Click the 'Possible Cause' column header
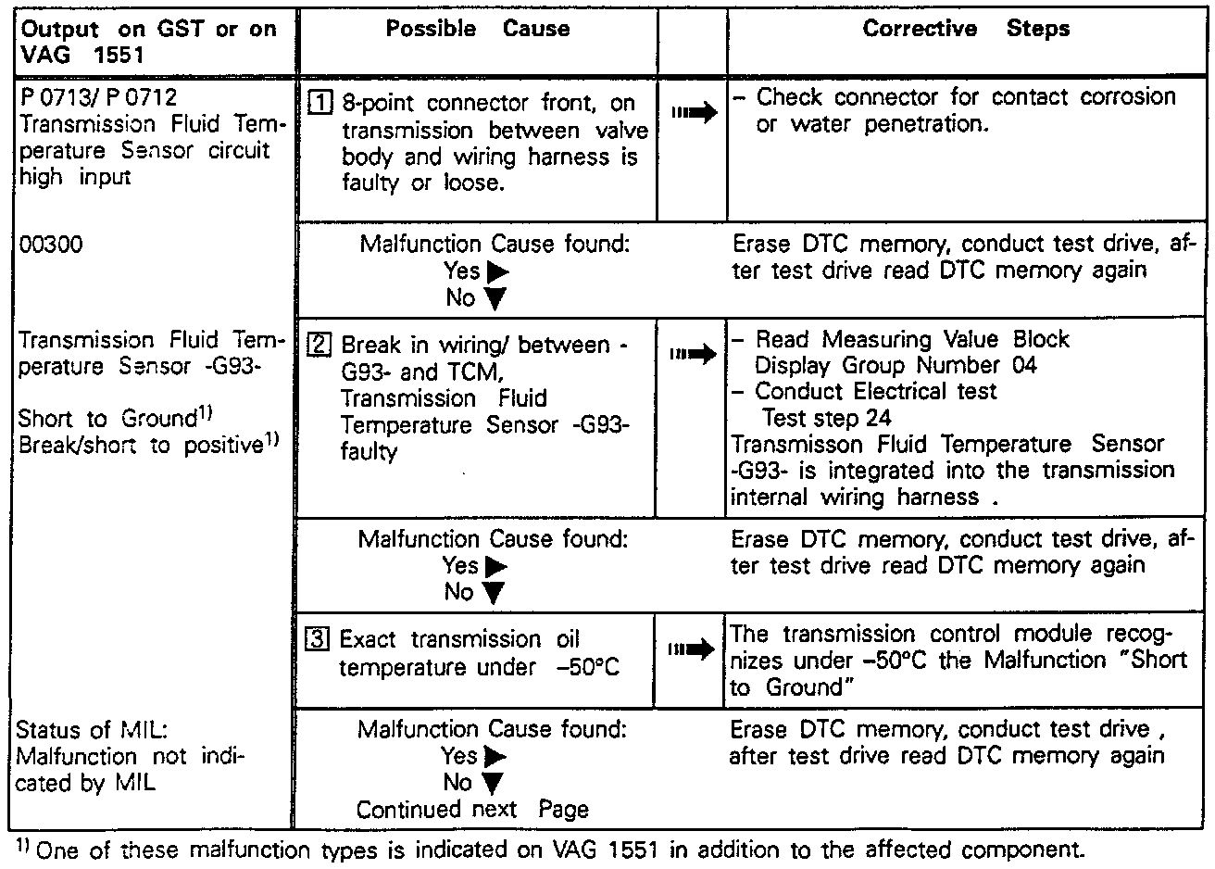(x=477, y=29)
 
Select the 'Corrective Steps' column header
(x=965, y=29)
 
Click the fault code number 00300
(x=51, y=245)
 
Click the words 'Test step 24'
(x=826, y=418)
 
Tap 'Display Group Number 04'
(x=896, y=365)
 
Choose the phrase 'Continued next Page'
(x=472, y=809)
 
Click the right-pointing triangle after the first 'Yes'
(x=497, y=271)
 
